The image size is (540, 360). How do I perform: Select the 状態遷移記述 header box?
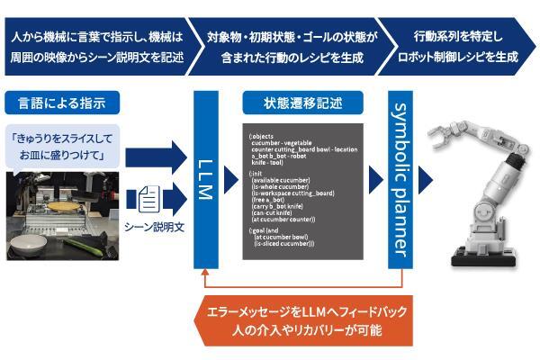coord(302,101)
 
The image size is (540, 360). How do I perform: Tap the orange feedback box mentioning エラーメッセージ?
coord(299,321)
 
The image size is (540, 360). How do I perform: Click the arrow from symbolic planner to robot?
coord(427,180)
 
